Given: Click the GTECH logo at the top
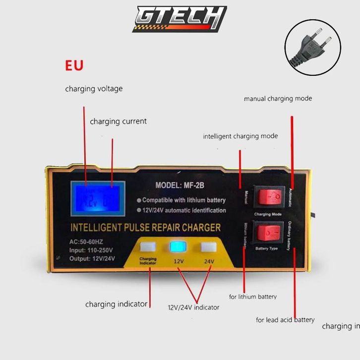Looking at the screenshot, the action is coord(180,19).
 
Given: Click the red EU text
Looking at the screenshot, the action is coord(74,65).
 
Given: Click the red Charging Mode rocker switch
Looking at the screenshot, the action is coord(269,198).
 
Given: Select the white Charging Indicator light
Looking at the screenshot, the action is coord(148,247).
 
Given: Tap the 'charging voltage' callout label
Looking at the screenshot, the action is coord(94,89).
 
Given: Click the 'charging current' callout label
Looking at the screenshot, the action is coord(118,121).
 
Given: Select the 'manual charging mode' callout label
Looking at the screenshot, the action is coord(278,99).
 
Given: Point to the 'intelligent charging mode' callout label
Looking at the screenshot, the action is coord(240,136).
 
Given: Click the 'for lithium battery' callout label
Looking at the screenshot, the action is coord(253,297).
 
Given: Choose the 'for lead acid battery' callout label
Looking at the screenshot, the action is coord(285,320).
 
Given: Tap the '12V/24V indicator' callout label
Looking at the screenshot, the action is coord(193,307).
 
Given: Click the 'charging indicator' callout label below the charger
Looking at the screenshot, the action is coord(116,304).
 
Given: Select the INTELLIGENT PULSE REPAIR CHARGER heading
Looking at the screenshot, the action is coord(146,228).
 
